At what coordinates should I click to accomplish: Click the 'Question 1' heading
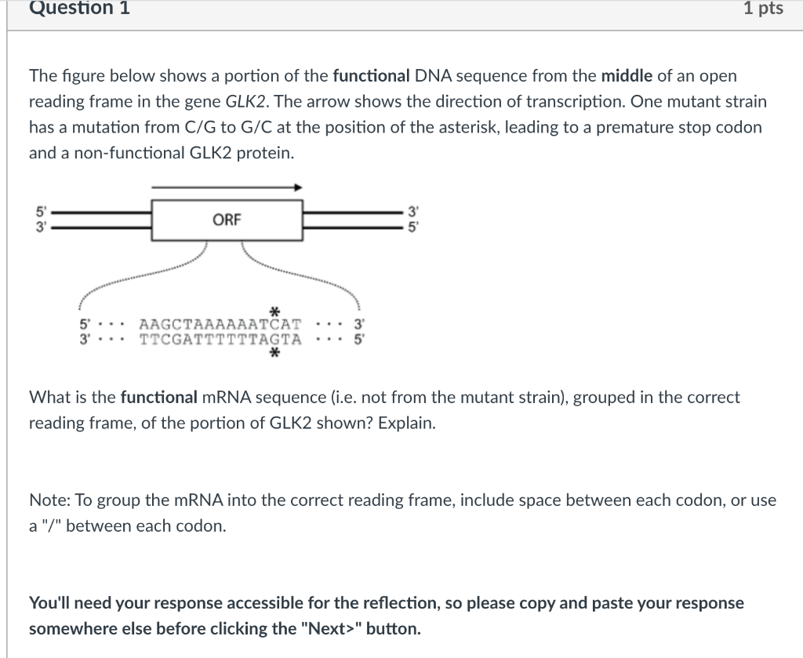click(x=79, y=9)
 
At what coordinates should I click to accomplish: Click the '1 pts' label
click(x=763, y=9)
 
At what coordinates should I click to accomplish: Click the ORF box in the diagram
click(x=227, y=220)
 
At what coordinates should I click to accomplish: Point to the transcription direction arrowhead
click(x=297, y=187)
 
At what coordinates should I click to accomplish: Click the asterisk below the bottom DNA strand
click(x=274, y=354)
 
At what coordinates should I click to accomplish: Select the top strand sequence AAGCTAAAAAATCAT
click(x=220, y=324)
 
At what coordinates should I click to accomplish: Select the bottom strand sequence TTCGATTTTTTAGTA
click(x=220, y=339)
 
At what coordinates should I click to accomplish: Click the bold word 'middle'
click(x=627, y=76)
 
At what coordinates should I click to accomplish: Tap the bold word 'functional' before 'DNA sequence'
click(x=372, y=76)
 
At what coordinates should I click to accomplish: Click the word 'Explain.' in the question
click(x=407, y=424)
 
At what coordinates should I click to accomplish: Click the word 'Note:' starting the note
click(x=47, y=500)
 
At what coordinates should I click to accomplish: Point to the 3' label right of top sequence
click(x=358, y=324)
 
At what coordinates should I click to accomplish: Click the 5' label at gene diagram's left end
click(x=36, y=210)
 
